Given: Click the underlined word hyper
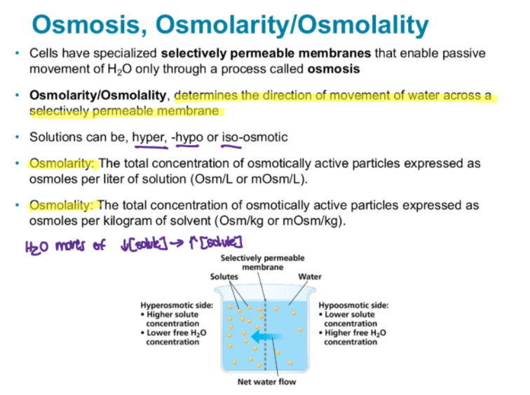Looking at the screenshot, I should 149,137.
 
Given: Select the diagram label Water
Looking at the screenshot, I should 310,277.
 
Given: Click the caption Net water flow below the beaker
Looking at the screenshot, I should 267,382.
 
